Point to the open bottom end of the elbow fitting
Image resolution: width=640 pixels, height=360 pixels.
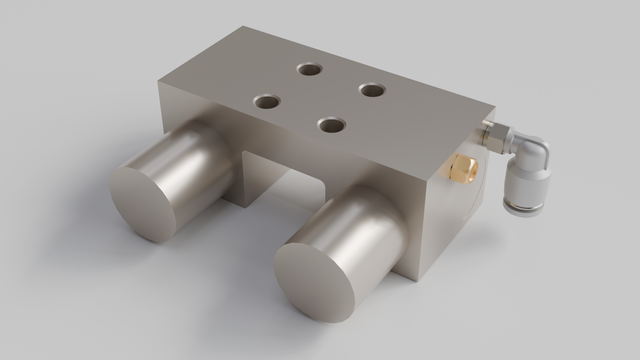[x=522, y=211]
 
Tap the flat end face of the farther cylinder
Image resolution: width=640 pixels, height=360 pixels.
[x=146, y=203]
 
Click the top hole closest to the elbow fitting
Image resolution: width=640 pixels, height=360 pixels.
[x=372, y=90]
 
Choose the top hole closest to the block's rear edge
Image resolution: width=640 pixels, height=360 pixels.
[x=310, y=69]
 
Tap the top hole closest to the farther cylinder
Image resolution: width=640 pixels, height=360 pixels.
[x=267, y=101]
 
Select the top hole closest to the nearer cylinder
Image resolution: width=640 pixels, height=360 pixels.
[x=331, y=125]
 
